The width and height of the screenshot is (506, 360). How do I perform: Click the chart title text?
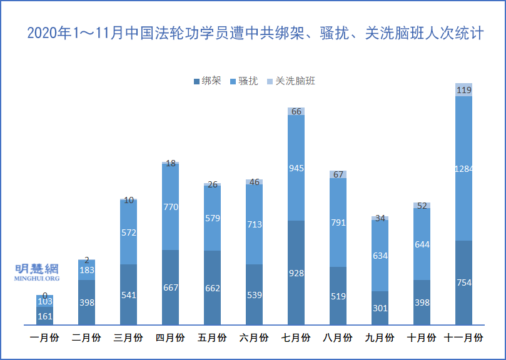[x=255, y=34]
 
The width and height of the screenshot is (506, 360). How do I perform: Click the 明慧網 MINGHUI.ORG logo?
[x=37, y=272]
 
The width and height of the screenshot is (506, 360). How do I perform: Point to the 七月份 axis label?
[x=296, y=338]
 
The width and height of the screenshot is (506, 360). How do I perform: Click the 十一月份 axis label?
[x=463, y=338]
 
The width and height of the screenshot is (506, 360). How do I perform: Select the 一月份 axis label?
[x=44, y=338]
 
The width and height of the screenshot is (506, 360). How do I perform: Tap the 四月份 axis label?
[x=170, y=338]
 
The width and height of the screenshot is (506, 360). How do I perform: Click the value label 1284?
[x=463, y=168]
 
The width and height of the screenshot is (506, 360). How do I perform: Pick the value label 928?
[x=296, y=272]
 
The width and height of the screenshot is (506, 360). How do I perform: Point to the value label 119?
[x=463, y=90]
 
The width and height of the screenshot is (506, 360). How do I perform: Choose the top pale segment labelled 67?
[x=338, y=174]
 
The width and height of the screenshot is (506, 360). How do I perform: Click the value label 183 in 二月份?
[x=86, y=270]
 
